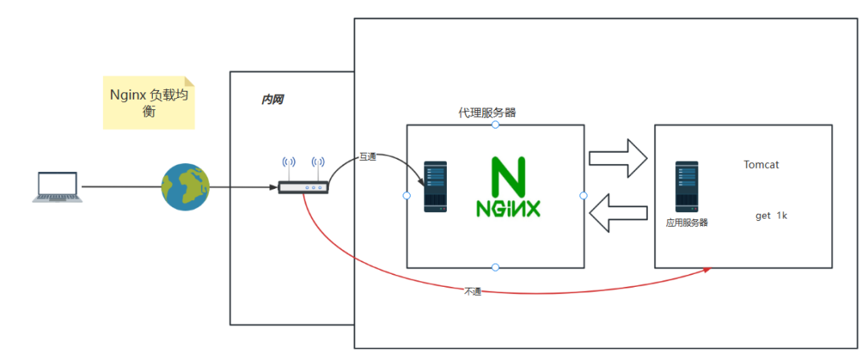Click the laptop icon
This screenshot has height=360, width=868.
55,186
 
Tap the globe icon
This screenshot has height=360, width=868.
186,187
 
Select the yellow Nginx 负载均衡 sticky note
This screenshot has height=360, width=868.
149,103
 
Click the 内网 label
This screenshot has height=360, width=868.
272,100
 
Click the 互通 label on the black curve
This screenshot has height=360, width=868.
367,157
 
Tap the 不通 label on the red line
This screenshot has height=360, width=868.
473,291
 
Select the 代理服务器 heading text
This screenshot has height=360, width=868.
487,112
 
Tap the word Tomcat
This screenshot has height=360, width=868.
761,165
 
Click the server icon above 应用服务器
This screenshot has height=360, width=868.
686,186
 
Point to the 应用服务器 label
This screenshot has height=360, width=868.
686,223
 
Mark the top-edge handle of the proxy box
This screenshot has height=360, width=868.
495,125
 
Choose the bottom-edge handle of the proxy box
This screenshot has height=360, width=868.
495,268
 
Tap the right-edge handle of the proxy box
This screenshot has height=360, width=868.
583,196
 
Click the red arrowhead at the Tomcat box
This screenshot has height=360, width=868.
706,270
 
